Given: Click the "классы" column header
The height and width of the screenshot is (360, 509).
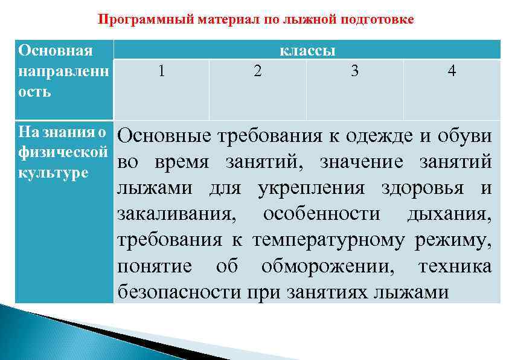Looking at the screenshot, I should [307, 50].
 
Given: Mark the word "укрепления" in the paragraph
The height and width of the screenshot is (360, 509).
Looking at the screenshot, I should [311, 188].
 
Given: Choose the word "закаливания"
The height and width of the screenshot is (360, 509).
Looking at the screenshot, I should [178, 214].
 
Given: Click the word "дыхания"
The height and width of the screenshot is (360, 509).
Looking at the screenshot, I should [449, 214].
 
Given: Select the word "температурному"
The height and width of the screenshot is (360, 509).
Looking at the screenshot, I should [328, 240].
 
